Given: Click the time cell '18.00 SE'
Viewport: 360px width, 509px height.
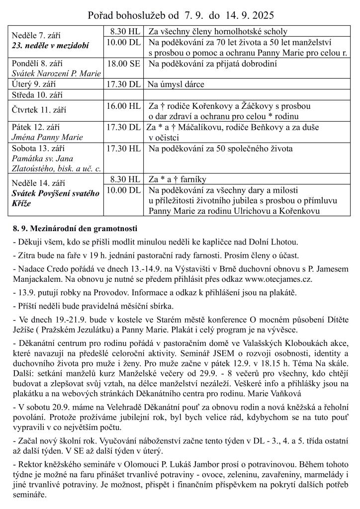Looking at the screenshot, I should point(123,64).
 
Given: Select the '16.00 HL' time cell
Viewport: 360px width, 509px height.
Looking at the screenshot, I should point(123,106).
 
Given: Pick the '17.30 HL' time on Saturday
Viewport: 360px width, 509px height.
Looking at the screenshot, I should point(123,148).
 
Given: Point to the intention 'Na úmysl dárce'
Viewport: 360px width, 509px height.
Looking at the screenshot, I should point(176,85).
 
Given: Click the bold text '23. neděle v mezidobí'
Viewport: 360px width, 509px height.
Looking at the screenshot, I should point(50,45).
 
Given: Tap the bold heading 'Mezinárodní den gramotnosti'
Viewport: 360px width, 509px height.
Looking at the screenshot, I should point(86,229).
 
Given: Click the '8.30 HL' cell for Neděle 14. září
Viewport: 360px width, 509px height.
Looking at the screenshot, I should point(123,179).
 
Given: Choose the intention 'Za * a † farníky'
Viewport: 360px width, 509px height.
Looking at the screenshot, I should point(177,179).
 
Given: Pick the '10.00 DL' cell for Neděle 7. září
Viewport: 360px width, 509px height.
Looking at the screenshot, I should point(123,42).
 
